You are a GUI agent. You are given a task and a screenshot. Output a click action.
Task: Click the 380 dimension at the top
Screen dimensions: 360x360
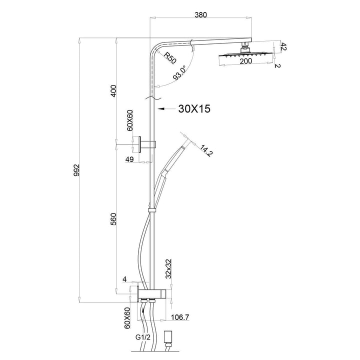point(200,15)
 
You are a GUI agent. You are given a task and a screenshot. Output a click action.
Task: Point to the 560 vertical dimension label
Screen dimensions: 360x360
point(113,219)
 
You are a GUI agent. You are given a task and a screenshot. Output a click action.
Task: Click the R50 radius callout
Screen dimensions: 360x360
point(170,56)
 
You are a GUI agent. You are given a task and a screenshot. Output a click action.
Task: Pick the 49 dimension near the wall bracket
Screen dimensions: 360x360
point(129,159)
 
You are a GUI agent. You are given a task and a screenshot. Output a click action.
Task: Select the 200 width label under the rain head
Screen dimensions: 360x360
point(245,61)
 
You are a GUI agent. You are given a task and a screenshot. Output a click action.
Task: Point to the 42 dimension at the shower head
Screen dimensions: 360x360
point(283,47)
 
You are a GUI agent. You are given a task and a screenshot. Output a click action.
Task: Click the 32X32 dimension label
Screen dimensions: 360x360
point(169,268)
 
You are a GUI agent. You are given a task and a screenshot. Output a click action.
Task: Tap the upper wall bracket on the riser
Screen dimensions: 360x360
point(148,144)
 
